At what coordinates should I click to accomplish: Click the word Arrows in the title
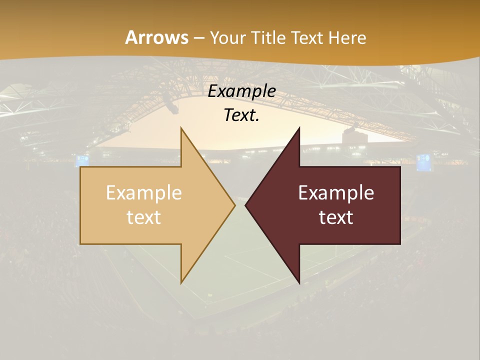[x=156, y=37]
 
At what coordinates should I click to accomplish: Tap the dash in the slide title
[x=199, y=38]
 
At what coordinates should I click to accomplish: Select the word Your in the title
[x=228, y=38]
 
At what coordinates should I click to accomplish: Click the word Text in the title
[x=307, y=37]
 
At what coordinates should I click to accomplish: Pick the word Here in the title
[x=347, y=37]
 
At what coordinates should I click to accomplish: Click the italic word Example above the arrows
[x=242, y=91]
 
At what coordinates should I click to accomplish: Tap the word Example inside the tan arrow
[x=144, y=192]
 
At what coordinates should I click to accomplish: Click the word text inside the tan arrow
[x=144, y=217]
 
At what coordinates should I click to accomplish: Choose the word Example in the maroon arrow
[x=336, y=192]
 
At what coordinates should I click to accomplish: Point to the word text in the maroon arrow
[x=336, y=217]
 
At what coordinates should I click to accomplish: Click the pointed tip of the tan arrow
[x=234, y=205]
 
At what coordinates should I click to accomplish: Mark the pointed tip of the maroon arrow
[x=245, y=205]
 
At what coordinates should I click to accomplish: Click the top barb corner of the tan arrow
[x=181, y=128]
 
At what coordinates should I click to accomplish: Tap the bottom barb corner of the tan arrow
[x=181, y=283]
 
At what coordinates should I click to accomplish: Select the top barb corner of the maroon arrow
[x=299, y=128]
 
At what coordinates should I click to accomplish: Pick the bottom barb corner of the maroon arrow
[x=299, y=283]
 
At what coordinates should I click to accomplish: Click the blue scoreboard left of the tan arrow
[x=82, y=160]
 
